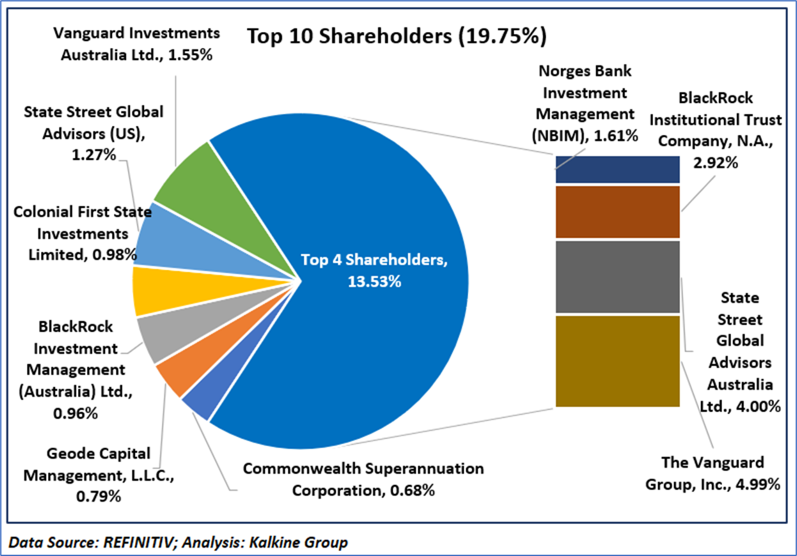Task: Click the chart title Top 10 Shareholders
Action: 397,37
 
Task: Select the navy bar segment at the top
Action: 617,169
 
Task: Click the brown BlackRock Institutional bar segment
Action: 617,212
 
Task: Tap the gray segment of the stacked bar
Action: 617,277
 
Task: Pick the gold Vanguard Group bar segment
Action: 617,361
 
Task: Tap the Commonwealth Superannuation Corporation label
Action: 363,479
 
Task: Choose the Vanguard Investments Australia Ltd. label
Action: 136,43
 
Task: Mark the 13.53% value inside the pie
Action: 374,282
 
